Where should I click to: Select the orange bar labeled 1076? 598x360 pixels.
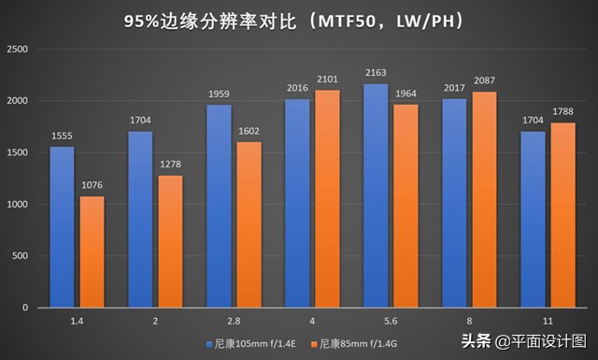[92, 252]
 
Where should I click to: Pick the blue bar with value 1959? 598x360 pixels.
[219, 206]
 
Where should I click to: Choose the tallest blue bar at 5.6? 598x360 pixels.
[375, 195]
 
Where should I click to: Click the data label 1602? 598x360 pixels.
[248, 132]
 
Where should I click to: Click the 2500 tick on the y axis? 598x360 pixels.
[18, 49]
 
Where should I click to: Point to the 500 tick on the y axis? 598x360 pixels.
[21, 256]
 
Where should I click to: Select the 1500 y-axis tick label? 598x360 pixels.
[18, 152]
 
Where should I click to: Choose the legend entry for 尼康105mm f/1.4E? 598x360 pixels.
[245, 341]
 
